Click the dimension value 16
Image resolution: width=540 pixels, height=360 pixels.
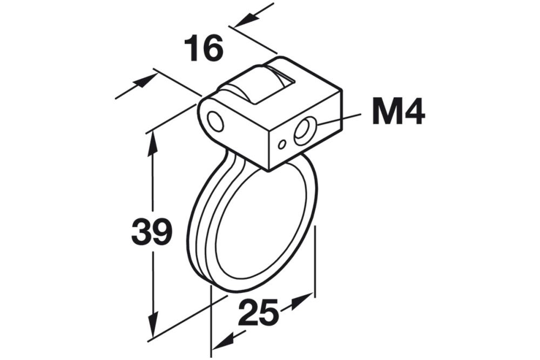click(203, 49)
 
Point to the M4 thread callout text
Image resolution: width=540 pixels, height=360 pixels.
click(398, 113)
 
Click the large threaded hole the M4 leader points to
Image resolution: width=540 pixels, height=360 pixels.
click(302, 131)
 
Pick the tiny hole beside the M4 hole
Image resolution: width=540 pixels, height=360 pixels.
click(282, 144)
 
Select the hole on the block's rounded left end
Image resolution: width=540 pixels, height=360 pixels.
click(215, 121)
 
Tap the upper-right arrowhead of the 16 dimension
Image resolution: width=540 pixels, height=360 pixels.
click(246, 19)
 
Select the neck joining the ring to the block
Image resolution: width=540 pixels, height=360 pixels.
click(232, 162)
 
